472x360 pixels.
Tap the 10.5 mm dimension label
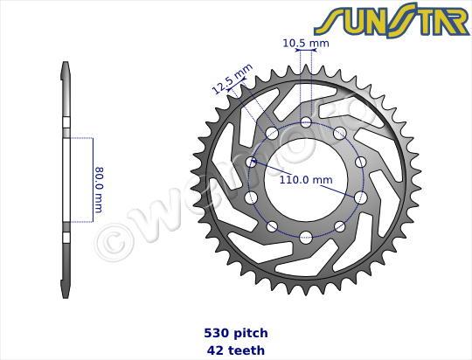(x=306, y=41)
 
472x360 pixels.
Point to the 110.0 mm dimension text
(x=305, y=181)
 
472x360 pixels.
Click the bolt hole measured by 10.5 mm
(x=306, y=122)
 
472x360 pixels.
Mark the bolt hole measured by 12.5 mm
(x=272, y=134)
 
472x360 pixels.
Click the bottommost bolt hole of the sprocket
(x=306, y=235)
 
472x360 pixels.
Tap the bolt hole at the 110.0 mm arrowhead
(x=253, y=163)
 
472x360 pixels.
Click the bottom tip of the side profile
(x=66, y=295)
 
